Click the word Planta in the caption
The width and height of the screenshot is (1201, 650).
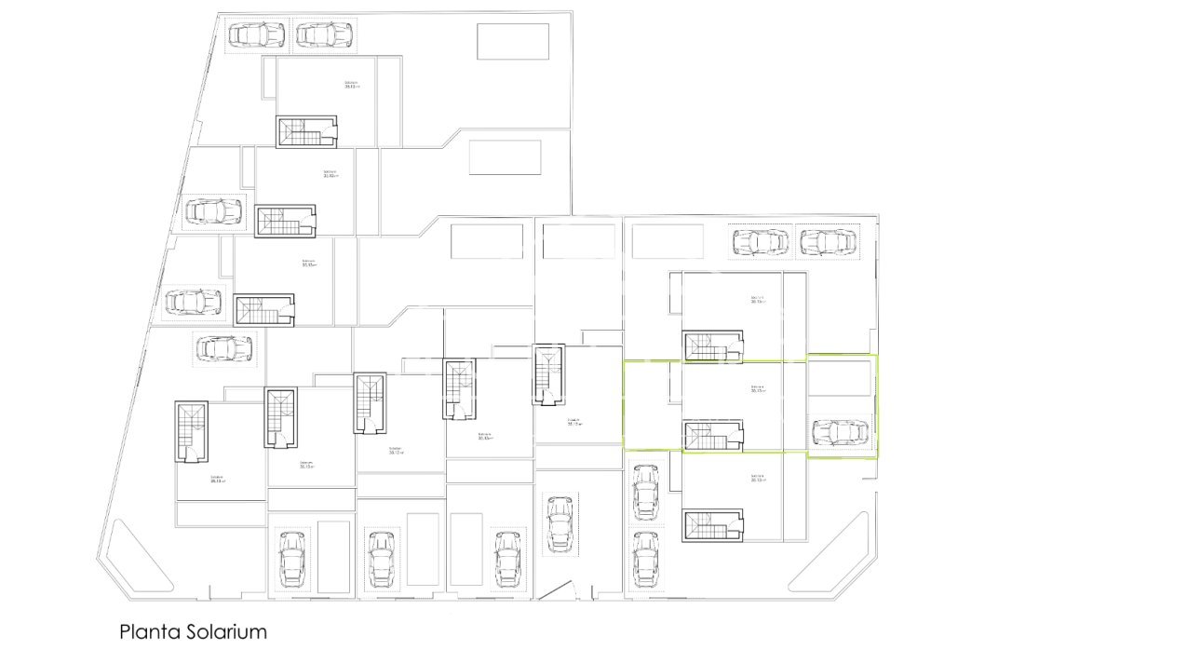[x=144, y=631]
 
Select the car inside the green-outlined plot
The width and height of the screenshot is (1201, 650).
[x=840, y=432]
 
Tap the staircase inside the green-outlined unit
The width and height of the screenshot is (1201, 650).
[x=713, y=436]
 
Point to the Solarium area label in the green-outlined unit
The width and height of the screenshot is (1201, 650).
[x=757, y=388]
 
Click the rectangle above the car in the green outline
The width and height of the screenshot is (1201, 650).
[x=839, y=378]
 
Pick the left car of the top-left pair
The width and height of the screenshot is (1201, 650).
[x=257, y=35]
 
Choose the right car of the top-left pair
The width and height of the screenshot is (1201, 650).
[x=323, y=35]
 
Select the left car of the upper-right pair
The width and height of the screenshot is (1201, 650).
[x=760, y=242]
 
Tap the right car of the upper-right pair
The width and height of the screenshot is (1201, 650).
[x=827, y=242]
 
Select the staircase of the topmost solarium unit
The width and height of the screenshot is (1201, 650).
[x=306, y=131]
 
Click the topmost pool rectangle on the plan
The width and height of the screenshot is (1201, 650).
[x=513, y=42]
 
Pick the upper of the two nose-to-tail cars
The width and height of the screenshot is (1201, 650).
[x=645, y=493]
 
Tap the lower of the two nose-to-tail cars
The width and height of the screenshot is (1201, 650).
[x=645, y=557]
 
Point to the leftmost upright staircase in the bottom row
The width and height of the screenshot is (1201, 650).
[x=193, y=431]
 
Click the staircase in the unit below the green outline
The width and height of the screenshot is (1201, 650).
[x=713, y=525]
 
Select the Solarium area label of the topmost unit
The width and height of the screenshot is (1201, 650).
[x=351, y=85]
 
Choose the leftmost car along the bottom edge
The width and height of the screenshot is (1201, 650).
[x=291, y=559]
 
